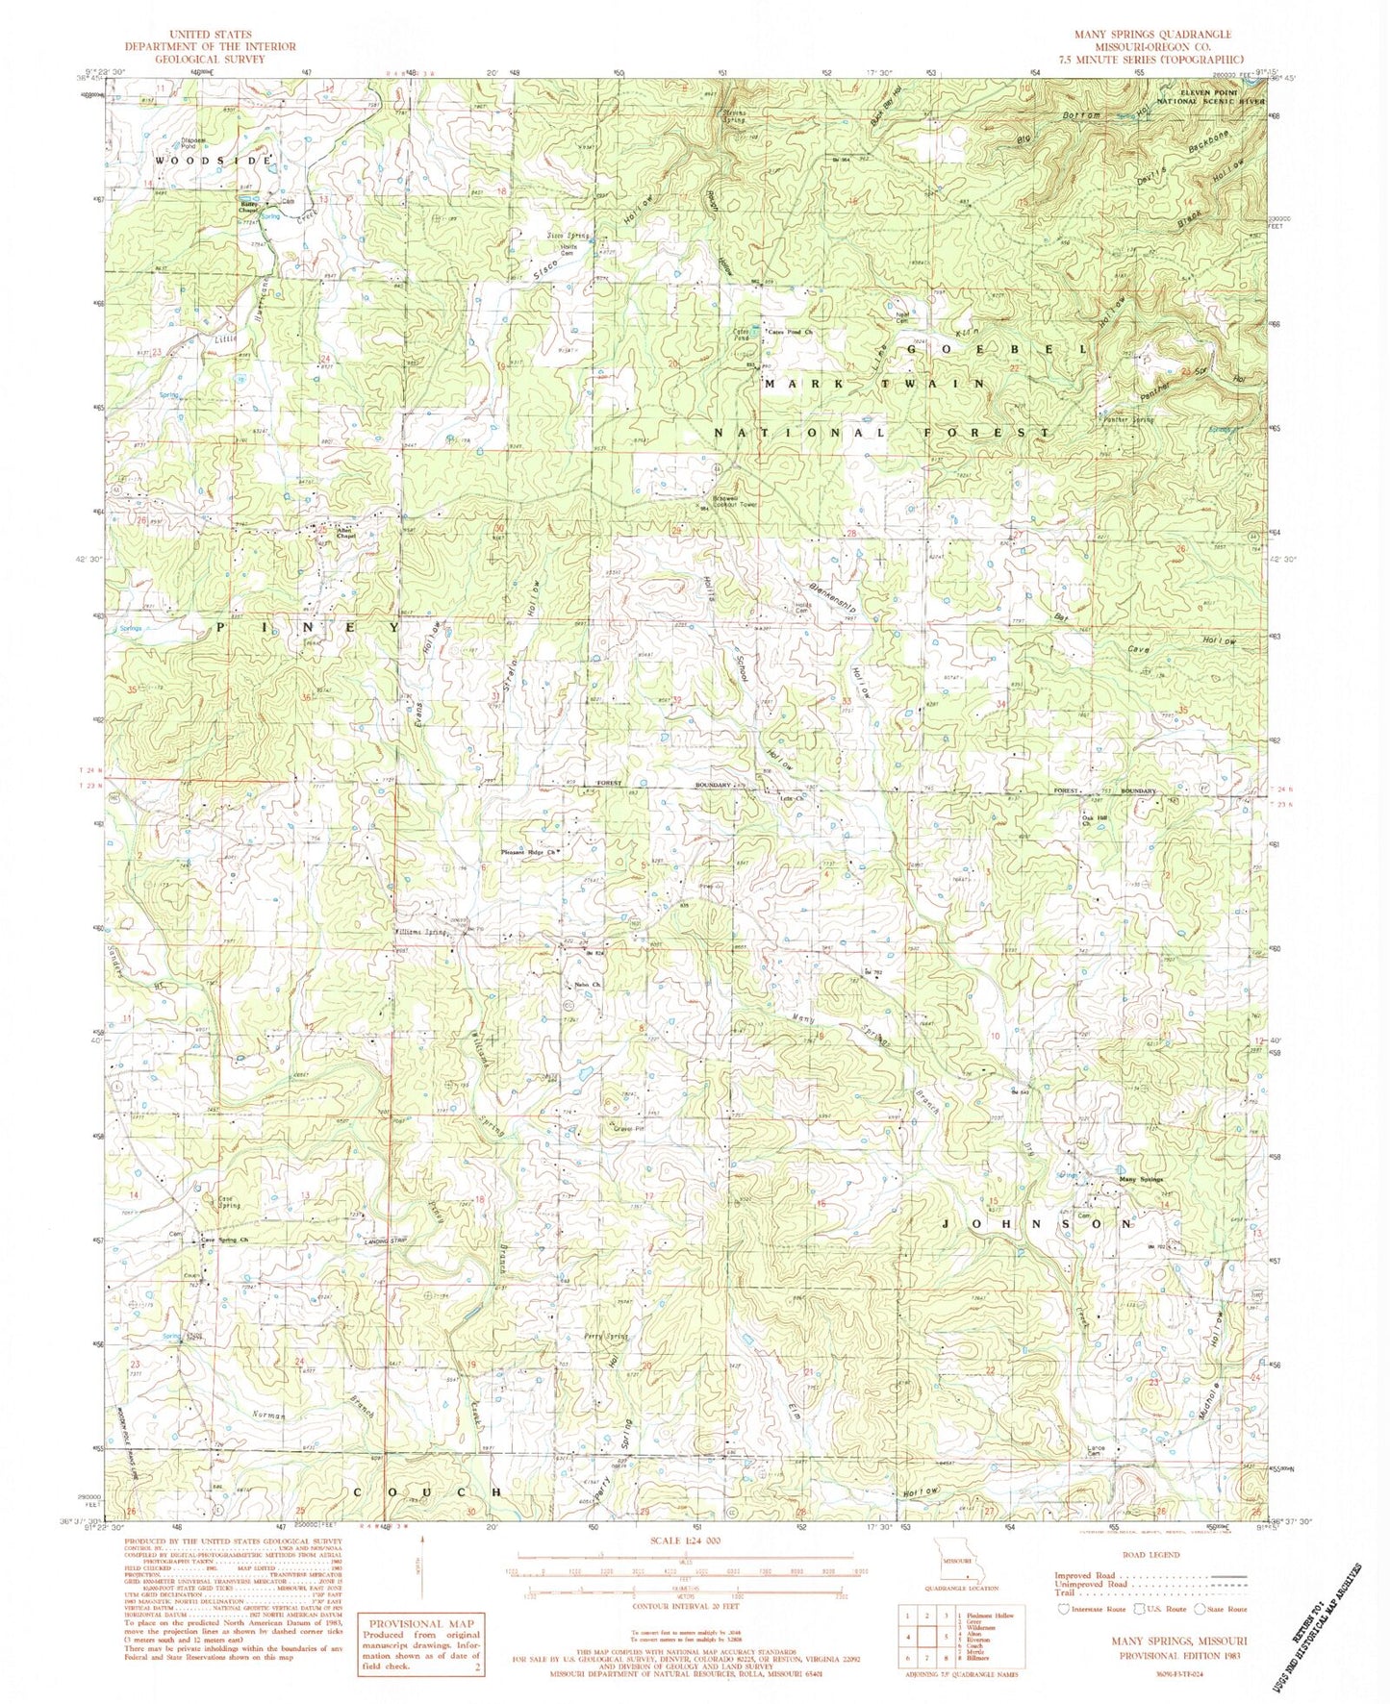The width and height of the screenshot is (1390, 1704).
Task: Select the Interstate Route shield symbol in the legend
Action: (x=1063, y=1608)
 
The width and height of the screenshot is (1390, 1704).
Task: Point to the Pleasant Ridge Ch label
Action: (x=528, y=852)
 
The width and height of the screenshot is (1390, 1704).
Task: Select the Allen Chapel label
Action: (x=345, y=533)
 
